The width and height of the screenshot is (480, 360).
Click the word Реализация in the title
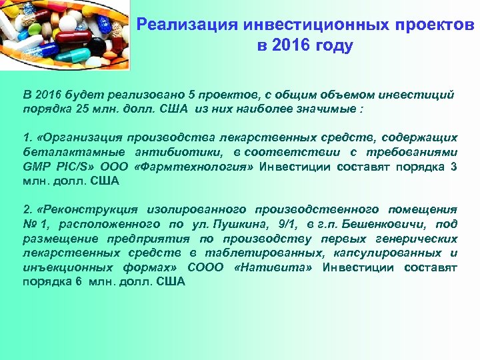point(185,26)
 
